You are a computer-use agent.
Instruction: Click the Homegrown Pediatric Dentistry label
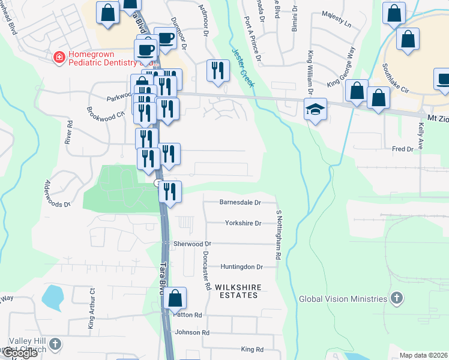(104, 58)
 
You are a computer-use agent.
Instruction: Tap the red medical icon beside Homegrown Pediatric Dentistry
(59, 58)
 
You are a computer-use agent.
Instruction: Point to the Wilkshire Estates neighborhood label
(240, 291)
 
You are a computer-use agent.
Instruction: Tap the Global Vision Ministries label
(343, 299)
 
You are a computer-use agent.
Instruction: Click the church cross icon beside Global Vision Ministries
(396, 298)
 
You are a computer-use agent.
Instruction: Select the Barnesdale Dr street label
(240, 203)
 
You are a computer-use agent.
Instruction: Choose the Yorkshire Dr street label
(243, 223)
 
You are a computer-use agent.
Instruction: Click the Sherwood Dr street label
(192, 244)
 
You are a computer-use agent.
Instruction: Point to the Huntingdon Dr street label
(241, 266)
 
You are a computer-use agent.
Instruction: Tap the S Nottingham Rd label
(279, 235)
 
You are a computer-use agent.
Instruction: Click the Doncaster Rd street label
(207, 270)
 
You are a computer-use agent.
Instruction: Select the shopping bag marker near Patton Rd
(175, 298)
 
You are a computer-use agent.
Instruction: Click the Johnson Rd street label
(192, 332)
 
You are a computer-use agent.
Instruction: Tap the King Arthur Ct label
(92, 310)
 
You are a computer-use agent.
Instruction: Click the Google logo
(19, 353)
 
